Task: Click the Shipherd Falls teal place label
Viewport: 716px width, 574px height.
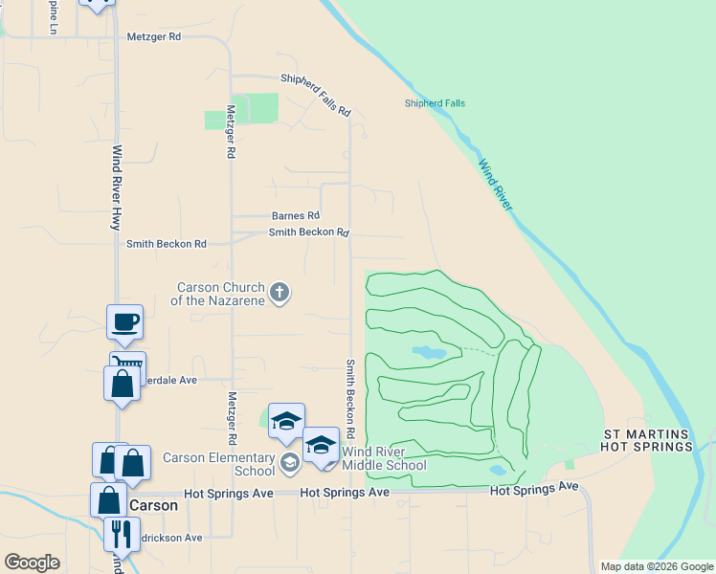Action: (x=435, y=103)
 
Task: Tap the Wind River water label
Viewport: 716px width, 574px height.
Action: (x=496, y=186)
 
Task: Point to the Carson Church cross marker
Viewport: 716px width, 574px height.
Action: (x=279, y=293)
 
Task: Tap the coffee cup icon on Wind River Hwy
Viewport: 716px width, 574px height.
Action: (x=124, y=322)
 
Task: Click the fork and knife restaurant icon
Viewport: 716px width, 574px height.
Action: (x=122, y=533)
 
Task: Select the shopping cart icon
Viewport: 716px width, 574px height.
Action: (x=128, y=364)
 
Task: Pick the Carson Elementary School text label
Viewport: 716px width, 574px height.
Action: (x=219, y=464)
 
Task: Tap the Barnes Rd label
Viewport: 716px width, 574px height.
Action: (x=295, y=216)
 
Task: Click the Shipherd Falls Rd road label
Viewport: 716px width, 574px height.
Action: (x=315, y=96)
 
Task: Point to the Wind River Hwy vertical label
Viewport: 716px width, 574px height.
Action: (x=117, y=187)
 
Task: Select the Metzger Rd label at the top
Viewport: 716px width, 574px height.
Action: (x=153, y=37)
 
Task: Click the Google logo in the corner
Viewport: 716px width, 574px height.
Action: (x=32, y=563)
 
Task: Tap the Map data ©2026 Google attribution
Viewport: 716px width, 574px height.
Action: (x=657, y=566)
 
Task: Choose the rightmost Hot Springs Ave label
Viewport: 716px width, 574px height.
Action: (x=534, y=488)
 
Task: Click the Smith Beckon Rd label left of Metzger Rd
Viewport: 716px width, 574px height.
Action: (x=167, y=244)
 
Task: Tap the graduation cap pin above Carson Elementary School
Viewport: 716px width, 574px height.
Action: (x=286, y=421)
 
